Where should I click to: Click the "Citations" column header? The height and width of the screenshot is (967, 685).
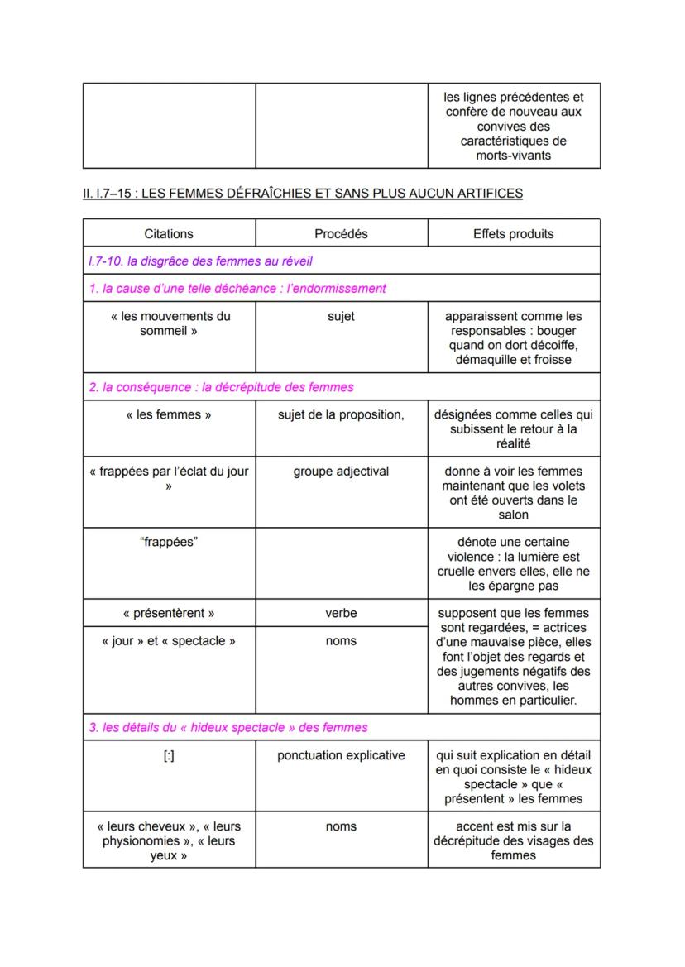click(x=169, y=234)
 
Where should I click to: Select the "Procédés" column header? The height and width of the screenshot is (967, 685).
click(x=341, y=234)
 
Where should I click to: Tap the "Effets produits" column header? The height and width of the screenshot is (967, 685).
click(x=513, y=234)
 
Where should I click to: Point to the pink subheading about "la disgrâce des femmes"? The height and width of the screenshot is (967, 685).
click(x=201, y=261)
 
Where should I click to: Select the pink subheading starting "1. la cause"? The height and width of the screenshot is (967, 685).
click(x=237, y=289)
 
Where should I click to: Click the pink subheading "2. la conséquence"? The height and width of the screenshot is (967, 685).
click(x=221, y=387)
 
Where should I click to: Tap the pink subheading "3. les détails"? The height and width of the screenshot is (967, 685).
click(x=228, y=728)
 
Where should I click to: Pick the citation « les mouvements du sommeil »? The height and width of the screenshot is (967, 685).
click(x=169, y=323)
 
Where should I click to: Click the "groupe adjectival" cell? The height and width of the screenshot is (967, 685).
click(x=341, y=472)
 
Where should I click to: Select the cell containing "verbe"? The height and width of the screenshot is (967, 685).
click(x=341, y=614)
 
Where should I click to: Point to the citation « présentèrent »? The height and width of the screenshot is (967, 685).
click(x=169, y=614)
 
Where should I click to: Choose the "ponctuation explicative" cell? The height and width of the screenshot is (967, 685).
click(x=341, y=755)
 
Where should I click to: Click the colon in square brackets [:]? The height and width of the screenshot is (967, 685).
click(x=169, y=755)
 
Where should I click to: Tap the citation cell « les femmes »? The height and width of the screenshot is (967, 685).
click(x=169, y=415)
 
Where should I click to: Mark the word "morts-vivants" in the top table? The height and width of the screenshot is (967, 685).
click(x=513, y=156)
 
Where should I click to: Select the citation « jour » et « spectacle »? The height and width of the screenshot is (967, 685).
click(x=169, y=641)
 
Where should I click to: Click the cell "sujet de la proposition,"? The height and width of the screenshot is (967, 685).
click(x=341, y=415)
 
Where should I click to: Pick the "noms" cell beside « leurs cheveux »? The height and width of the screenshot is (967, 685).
click(x=341, y=826)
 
